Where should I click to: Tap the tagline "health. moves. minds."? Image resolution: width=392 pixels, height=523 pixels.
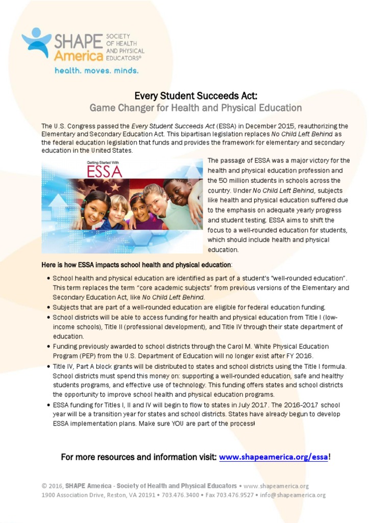tap(96, 70)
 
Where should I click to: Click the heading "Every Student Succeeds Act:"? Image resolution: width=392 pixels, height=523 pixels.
tap(196, 96)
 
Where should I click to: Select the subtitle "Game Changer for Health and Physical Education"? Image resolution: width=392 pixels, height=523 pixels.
tap(196, 108)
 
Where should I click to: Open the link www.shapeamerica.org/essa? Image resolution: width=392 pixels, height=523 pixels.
tap(274, 457)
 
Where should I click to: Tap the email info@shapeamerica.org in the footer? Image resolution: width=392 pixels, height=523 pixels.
tap(293, 495)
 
